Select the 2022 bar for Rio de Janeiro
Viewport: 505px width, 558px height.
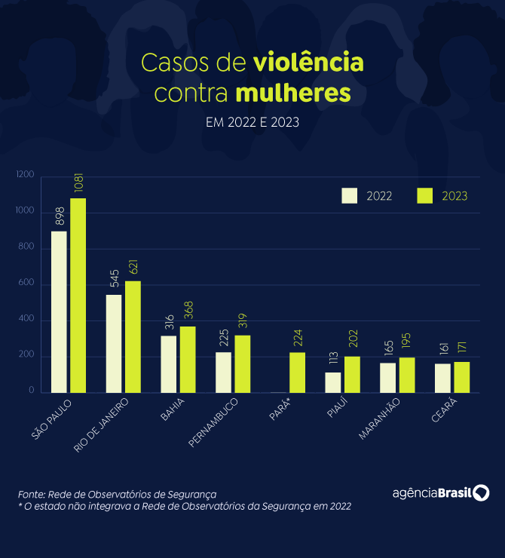click(114, 344)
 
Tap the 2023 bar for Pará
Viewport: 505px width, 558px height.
click(297, 373)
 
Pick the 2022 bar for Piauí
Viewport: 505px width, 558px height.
click(333, 382)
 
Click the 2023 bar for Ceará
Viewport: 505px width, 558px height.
click(461, 378)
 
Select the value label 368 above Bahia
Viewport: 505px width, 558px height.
click(188, 313)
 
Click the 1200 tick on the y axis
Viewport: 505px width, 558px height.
click(26, 175)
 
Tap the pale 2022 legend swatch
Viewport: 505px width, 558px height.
click(349, 195)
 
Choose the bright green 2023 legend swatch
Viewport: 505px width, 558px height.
click(424, 195)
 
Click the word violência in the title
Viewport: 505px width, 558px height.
click(309, 62)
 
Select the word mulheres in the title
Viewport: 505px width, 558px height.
click(293, 94)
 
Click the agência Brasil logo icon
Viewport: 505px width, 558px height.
click(481, 493)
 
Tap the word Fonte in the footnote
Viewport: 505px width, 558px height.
click(31, 494)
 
